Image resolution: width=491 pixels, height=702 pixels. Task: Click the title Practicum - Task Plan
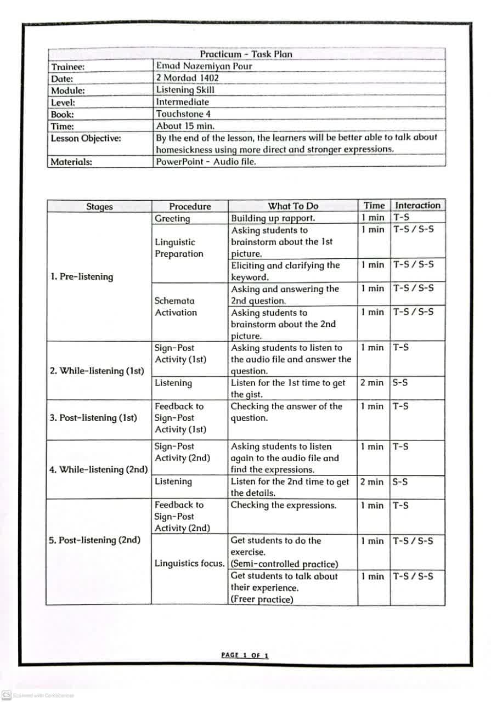pos(246,54)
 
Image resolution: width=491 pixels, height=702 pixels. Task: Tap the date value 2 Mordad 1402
pos(187,78)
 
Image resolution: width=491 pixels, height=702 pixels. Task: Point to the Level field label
pos(63,103)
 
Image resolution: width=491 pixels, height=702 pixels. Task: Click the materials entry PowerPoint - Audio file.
pos(206,161)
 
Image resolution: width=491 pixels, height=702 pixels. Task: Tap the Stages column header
pos(99,207)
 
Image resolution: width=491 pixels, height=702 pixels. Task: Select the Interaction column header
pos(417,206)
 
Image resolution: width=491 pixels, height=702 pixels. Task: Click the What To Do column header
pos(293,206)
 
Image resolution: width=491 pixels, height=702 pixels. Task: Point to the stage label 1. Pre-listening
pos(82,276)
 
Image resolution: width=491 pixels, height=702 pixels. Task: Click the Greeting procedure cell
pos(172,218)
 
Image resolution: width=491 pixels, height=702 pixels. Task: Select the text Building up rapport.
pos(273,218)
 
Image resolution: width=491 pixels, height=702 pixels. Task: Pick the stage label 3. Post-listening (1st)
pos(93,418)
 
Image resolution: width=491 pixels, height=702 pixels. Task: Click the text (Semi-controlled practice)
pos(284,564)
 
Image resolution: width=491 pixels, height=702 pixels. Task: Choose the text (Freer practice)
pos(262,599)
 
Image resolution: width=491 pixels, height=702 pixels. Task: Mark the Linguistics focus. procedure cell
pos(189,564)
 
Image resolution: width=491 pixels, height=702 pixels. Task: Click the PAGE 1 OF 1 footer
pos(245,655)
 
